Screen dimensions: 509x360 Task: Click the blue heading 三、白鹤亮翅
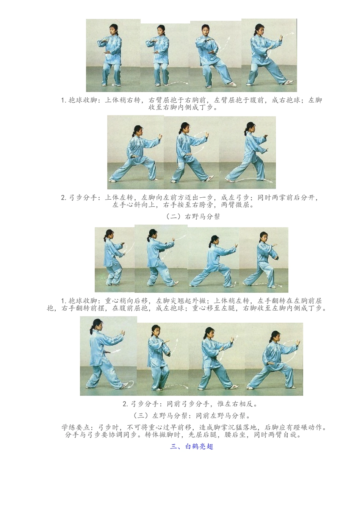pos(192,447)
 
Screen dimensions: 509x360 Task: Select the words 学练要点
pos(76,427)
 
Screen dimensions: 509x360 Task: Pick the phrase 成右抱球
pos(286,100)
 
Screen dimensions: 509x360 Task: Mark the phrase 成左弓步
pos(235,197)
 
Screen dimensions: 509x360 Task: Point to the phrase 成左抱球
pos(170,308)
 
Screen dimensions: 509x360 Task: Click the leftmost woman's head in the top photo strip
pos(113,29)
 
